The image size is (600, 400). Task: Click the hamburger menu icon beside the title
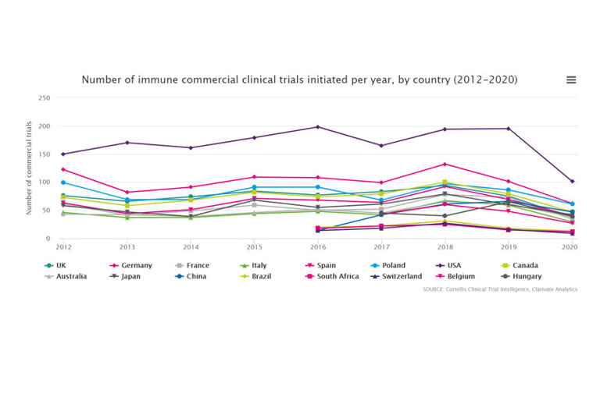pyautogui.click(x=571, y=80)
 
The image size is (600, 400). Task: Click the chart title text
pyautogui.click(x=300, y=80)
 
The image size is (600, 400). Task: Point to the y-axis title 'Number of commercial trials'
pyautogui.click(x=30, y=168)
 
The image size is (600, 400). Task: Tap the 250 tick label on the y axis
pyautogui.click(x=45, y=98)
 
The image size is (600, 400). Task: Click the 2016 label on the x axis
pyautogui.click(x=317, y=247)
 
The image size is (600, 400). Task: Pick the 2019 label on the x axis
pyautogui.click(x=508, y=247)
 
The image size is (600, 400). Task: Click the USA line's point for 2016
pyautogui.click(x=317, y=127)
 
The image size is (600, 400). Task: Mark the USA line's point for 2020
pyautogui.click(x=572, y=181)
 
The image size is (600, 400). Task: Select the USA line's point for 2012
pyautogui.click(x=62, y=154)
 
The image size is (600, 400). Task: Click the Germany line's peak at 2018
pyautogui.click(x=445, y=164)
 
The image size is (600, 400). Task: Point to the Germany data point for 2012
pyautogui.click(x=62, y=169)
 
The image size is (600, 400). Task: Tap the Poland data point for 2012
pyautogui.click(x=62, y=182)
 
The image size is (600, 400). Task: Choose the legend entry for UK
pyautogui.click(x=56, y=265)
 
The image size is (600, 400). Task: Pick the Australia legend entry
pyautogui.click(x=66, y=276)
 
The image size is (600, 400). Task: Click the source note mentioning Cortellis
pyautogui.click(x=499, y=288)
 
